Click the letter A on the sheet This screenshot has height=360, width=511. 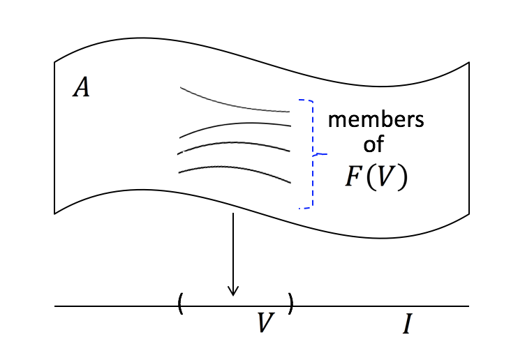coord(82,89)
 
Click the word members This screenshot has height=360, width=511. coord(376,119)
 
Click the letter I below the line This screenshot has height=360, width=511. coord(407,324)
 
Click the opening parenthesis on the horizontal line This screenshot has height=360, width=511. coord(181,303)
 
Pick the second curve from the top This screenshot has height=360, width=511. coord(235,128)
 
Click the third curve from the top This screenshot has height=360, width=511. coord(235,145)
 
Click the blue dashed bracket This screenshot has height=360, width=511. coord(311,153)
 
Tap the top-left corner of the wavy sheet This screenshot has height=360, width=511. coord(55,63)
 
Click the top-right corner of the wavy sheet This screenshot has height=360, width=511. coord(468,62)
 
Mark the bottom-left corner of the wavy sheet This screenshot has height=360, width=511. coord(55,212)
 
